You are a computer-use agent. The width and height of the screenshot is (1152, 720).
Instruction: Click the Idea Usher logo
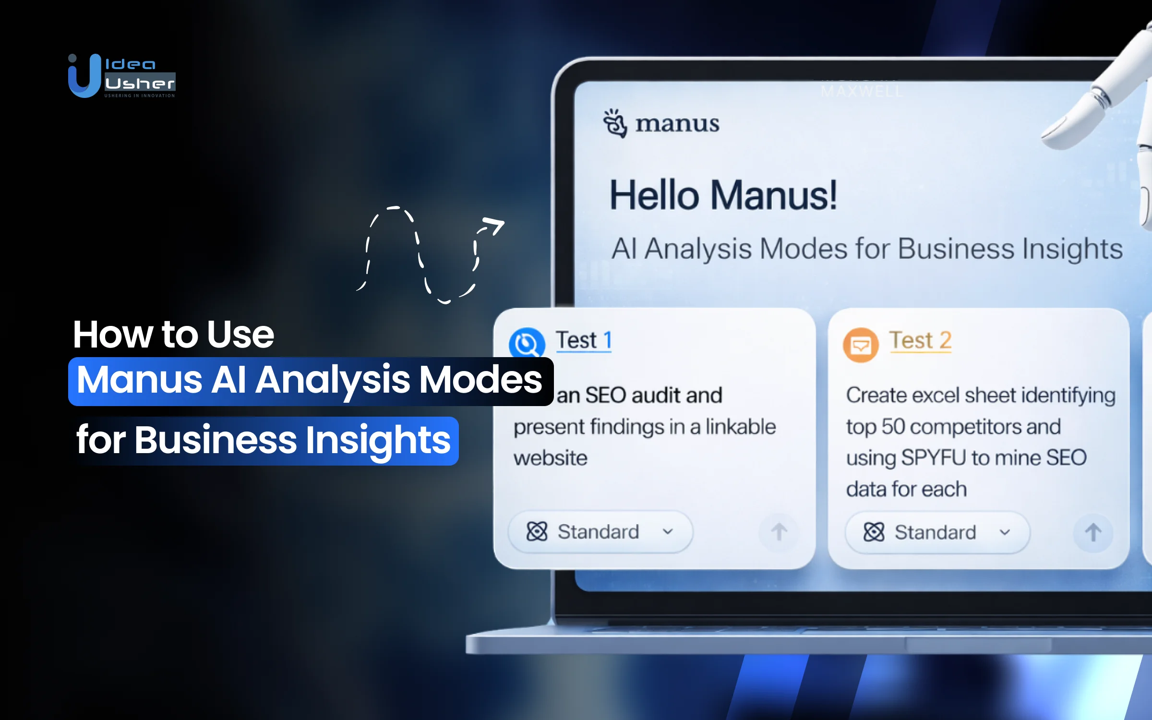click(122, 76)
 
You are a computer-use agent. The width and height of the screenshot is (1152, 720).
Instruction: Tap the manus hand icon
click(615, 123)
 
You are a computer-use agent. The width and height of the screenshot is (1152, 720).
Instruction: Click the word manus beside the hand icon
click(677, 124)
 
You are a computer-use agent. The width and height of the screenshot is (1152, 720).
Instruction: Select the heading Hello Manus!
click(723, 195)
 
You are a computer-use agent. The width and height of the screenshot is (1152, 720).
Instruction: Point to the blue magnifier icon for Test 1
click(527, 344)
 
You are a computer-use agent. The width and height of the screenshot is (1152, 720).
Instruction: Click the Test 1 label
click(584, 340)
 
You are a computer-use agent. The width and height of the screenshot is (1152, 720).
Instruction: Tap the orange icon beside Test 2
click(861, 345)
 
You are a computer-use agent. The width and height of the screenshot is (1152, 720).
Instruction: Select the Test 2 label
click(920, 340)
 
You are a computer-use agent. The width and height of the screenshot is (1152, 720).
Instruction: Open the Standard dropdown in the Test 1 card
click(600, 532)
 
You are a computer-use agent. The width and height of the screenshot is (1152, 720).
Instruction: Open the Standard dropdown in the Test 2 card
click(937, 532)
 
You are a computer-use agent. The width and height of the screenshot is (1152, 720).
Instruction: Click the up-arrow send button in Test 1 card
click(779, 532)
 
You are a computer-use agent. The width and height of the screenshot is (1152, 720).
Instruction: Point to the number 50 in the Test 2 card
click(893, 427)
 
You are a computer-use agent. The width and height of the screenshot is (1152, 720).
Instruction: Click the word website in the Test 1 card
click(550, 458)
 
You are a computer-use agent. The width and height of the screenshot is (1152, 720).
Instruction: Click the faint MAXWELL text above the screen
click(862, 91)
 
